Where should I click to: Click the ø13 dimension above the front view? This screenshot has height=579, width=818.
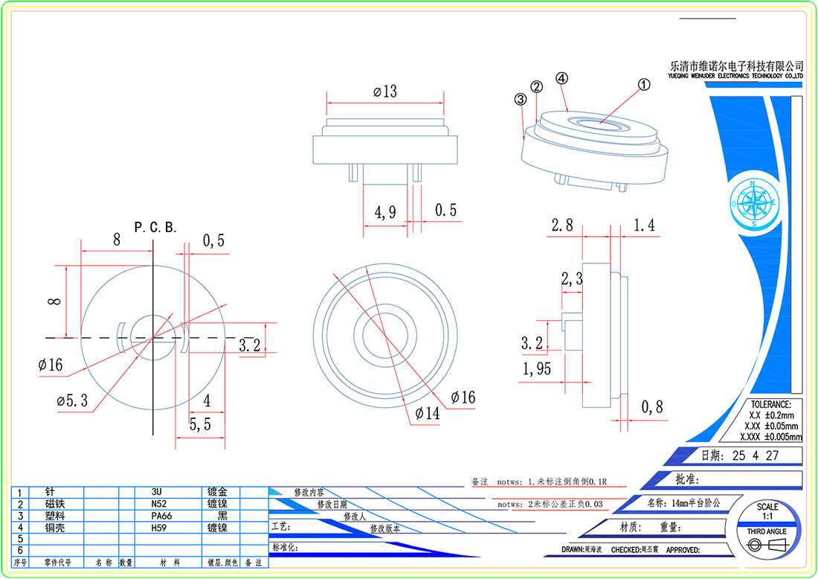tap(385, 92)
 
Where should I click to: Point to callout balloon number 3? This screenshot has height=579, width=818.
tap(520, 98)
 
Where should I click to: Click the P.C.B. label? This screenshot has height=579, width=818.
tap(155, 227)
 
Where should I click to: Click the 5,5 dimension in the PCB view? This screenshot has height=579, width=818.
tap(200, 425)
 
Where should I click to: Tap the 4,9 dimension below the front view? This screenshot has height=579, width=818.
tap(384, 212)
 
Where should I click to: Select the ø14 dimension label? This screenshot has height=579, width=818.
tap(430, 414)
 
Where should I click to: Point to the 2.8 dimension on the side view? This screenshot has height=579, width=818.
tap(562, 225)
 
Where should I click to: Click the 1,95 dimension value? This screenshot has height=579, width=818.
tap(537, 368)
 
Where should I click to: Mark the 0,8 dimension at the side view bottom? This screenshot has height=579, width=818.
tap(652, 406)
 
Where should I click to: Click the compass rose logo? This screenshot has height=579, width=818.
tap(754, 202)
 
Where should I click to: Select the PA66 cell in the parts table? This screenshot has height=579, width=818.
tap(161, 516)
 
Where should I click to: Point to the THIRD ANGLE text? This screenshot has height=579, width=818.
tap(766, 531)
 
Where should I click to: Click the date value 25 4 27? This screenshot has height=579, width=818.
tap(755, 455)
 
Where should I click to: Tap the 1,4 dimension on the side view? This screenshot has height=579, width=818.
tap(644, 225)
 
